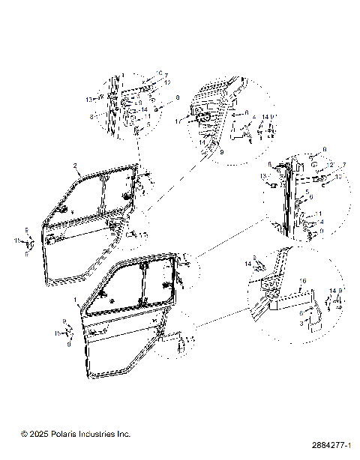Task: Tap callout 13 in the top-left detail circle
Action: click(x=88, y=98)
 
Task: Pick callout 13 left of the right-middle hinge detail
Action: click(x=263, y=177)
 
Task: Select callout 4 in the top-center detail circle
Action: click(x=253, y=117)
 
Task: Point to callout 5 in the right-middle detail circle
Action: click(x=307, y=193)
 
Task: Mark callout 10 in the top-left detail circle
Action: click(x=158, y=73)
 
